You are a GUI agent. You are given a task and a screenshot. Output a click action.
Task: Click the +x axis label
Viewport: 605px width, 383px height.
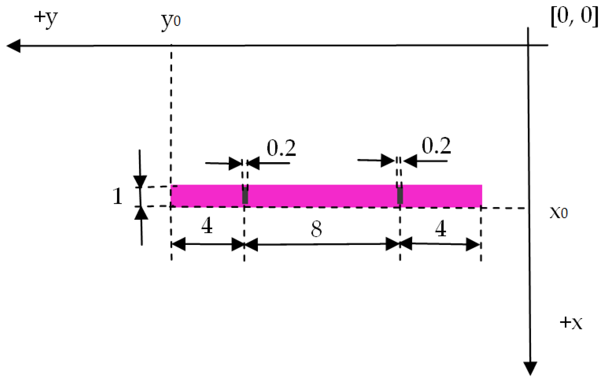pyautogui.click(x=571, y=323)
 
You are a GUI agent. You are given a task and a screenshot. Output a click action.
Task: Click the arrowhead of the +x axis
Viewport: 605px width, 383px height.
pyautogui.click(x=530, y=368)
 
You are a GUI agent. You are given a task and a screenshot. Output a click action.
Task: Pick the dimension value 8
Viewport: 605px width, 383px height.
pyautogui.click(x=316, y=229)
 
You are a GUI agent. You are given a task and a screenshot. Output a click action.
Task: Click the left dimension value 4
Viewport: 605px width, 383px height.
pyautogui.click(x=207, y=226)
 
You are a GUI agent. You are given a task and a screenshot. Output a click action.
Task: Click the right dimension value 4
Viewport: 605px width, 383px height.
pyautogui.click(x=441, y=228)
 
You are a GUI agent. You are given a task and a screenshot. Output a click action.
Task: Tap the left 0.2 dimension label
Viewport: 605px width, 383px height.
pyautogui.click(x=281, y=148)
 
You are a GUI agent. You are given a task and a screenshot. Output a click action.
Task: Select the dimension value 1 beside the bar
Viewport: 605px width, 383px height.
pyautogui.click(x=117, y=196)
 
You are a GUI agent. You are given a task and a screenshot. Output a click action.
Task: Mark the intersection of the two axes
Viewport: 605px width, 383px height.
pyautogui.click(x=528, y=45)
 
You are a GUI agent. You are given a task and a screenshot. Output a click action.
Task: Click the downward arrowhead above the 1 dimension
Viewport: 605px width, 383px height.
pyautogui.click(x=140, y=181)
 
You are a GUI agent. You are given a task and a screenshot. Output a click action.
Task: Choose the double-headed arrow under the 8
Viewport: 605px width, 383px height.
pyautogui.click(x=322, y=244)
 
